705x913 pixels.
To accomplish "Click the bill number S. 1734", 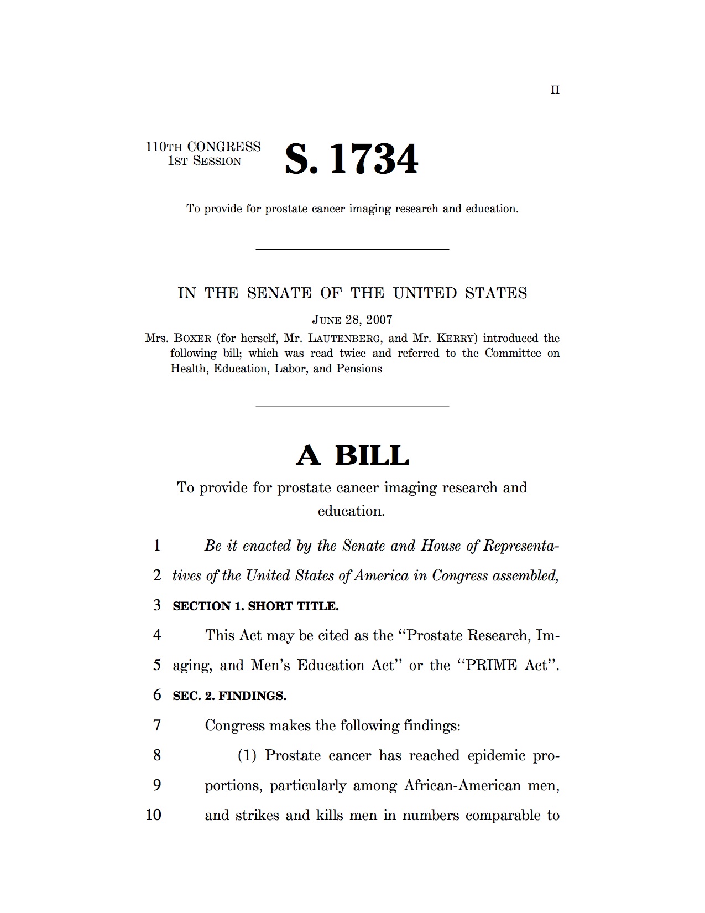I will (351, 159).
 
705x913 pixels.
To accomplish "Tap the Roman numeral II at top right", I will (555, 90).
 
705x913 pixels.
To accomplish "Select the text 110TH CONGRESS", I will (203, 147).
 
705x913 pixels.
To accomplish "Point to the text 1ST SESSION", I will (205, 162).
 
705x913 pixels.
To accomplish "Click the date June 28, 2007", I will (352, 319).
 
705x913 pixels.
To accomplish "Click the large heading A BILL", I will (352, 455).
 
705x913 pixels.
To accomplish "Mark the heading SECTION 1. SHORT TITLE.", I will (255, 606).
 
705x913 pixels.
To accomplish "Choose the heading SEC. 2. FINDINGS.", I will (229, 696).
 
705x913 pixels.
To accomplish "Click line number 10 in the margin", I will (154, 815).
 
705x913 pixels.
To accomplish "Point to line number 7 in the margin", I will (157, 725).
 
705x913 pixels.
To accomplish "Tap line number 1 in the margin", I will (157, 546).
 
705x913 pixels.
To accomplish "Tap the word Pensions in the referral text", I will (359, 369).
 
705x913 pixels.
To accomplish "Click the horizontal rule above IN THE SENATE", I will (352, 249).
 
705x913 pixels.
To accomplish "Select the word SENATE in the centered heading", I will (279, 293).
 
